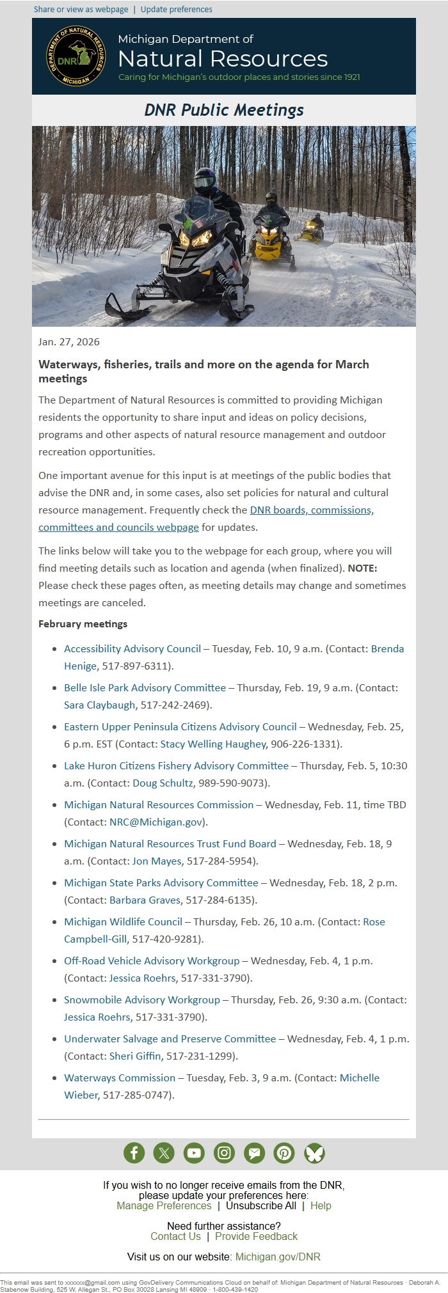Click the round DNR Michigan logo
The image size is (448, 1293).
pyautogui.click(x=76, y=56)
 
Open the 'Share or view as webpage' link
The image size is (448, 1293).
pyautogui.click(x=81, y=10)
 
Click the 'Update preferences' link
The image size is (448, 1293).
pyautogui.click(x=176, y=10)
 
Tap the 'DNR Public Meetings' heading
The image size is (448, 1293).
pyautogui.click(x=223, y=110)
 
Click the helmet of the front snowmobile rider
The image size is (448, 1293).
pyautogui.click(x=204, y=180)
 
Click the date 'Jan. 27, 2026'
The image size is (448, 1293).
pyautogui.click(x=69, y=341)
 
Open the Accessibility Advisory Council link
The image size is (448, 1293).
pyautogui.click(x=132, y=648)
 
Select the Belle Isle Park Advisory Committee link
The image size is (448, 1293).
pyautogui.click(x=145, y=687)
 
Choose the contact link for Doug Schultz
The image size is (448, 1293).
pyautogui.click(x=163, y=783)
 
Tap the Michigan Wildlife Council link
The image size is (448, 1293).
pyautogui.click(x=123, y=921)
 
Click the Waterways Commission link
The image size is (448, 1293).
pyautogui.click(x=120, y=1077)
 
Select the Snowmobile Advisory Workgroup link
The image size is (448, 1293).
pyautogui.click(x=141, y=999)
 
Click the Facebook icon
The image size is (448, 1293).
pyautogui.click(x=134, y=1153)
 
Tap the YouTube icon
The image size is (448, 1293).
pyautogui.click(x=194, y=1153)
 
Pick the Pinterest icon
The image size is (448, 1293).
pyautogui.click(x=284, y=1153)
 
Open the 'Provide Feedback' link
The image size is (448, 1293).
pyautogui.click(x=256, y=1236)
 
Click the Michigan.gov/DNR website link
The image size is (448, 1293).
pyautogui.click(x=278, y=1257)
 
